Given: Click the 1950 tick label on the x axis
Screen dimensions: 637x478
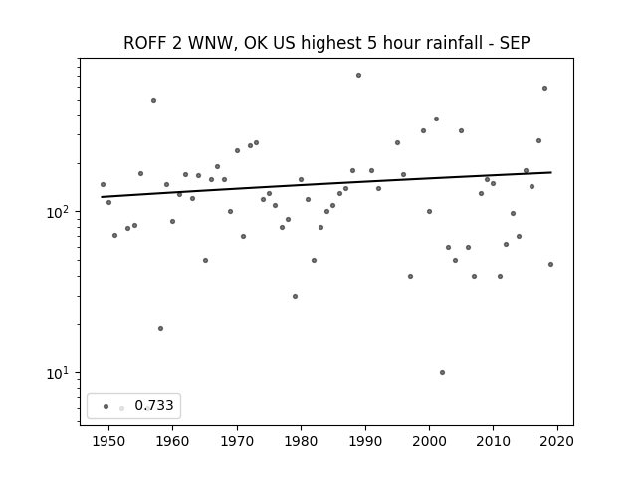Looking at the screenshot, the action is click(108, 441).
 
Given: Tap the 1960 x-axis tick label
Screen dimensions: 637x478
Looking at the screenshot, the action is click(172, 441).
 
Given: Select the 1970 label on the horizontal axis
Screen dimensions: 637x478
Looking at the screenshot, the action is click(237, 441).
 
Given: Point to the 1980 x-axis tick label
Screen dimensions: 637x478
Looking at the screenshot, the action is click(301, 441).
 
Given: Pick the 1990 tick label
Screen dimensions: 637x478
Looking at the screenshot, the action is click(365, 441).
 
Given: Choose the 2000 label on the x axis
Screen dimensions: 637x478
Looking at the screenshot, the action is click(429, 441).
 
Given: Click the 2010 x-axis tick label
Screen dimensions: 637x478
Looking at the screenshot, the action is click(494, 441).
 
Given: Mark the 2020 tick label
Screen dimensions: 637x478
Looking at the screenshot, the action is click(557, 441).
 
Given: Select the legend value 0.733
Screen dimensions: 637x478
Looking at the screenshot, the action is click(154, 405).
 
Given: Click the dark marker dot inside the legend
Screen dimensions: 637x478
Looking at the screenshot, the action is click(106, 406).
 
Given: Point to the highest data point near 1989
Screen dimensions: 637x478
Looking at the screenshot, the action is click(358, 76).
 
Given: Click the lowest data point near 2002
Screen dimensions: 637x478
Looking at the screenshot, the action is click(442, 372).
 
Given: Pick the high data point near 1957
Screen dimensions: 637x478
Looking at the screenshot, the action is click(153, 100).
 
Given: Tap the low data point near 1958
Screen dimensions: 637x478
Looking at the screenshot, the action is click(160, 328).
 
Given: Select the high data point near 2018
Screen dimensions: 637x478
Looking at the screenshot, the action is click(544, 89).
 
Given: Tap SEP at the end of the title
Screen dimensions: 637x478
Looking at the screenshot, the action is click(515, 43).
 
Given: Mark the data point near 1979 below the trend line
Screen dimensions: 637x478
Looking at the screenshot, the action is click(295, 297).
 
